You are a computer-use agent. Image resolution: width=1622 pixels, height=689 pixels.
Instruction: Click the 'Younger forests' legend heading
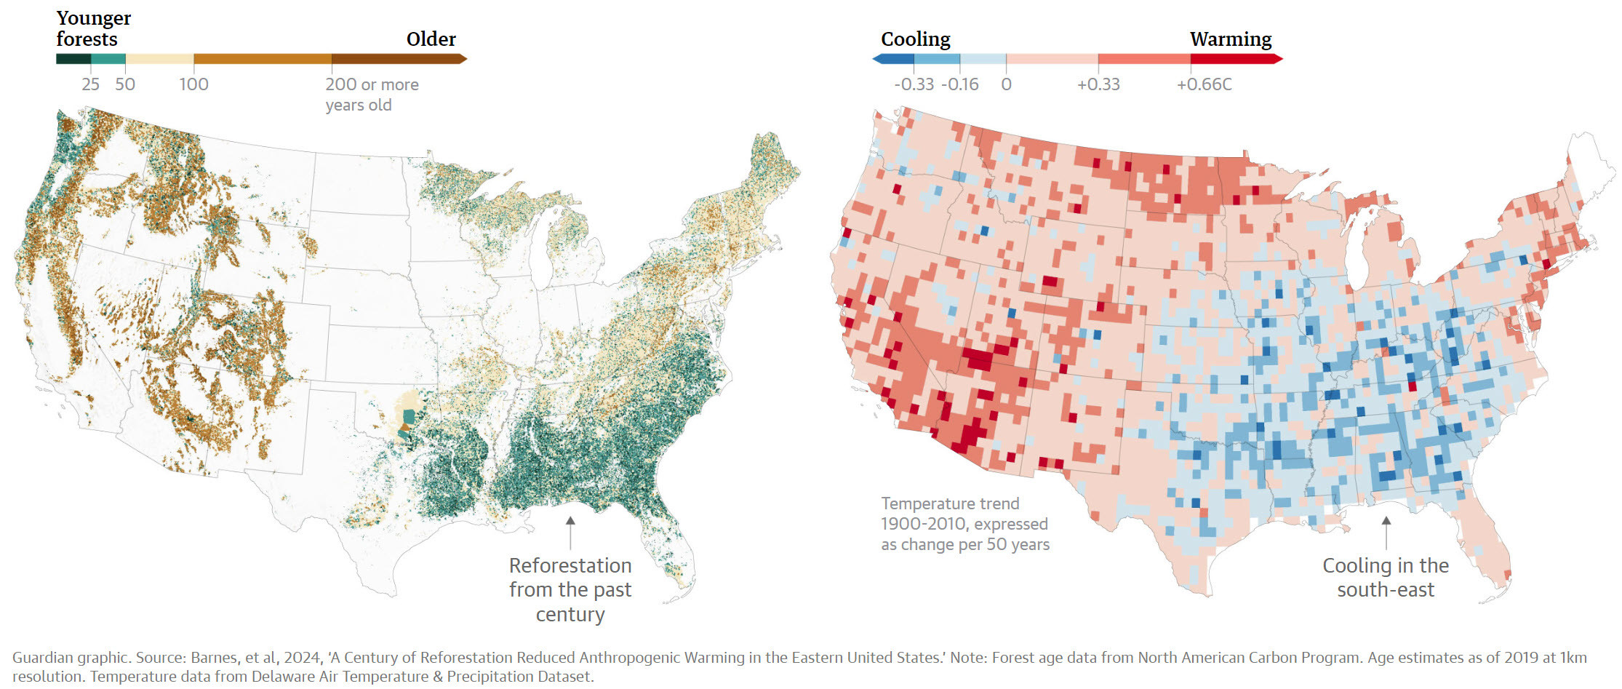point(93,28)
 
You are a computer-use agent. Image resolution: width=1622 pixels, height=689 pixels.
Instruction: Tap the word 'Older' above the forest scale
point(431,39)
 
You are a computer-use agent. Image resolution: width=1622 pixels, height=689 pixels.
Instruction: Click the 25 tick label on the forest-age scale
point(90,84)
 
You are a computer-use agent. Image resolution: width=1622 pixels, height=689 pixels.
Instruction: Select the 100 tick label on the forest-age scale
point(193,84)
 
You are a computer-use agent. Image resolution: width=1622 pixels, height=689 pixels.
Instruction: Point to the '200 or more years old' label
point(372,95)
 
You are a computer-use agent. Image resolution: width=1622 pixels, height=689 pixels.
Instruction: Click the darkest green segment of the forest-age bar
point(73,59)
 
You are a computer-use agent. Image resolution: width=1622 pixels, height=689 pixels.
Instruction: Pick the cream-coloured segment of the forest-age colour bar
point(159,59)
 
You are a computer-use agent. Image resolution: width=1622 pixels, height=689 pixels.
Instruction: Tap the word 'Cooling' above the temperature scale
point(915,39)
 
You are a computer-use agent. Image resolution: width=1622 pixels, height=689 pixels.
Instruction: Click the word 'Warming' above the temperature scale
point(1231,39)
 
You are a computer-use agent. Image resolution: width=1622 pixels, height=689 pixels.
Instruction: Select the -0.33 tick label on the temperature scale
point(914,84)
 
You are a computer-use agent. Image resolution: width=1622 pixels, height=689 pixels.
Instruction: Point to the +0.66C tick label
point(1204,84)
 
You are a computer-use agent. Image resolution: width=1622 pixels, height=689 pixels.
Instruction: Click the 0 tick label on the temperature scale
point(1006,84)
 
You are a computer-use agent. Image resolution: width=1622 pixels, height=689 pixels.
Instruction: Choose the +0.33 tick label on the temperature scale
point(1098,84)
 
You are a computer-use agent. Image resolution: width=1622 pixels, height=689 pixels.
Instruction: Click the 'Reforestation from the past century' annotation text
point(570,589)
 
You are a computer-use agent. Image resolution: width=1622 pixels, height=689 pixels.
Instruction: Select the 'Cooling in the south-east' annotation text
point(1386,577)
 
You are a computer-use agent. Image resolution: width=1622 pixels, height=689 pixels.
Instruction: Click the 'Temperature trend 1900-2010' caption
point(965,524)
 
